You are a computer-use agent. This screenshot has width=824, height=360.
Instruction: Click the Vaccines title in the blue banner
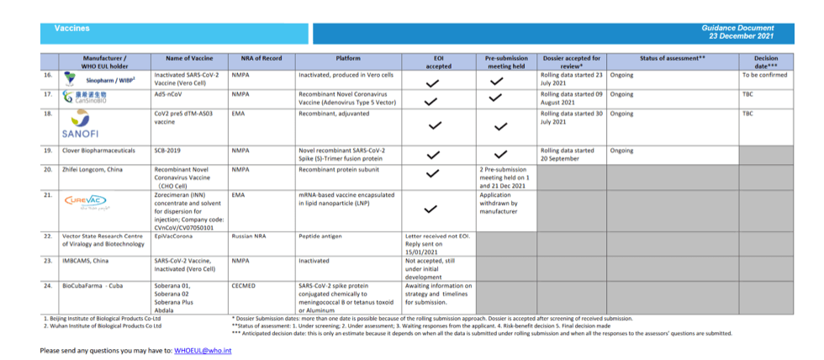tap(71, 28)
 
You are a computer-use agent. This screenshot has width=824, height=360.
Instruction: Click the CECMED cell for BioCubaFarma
tap(247, 286)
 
